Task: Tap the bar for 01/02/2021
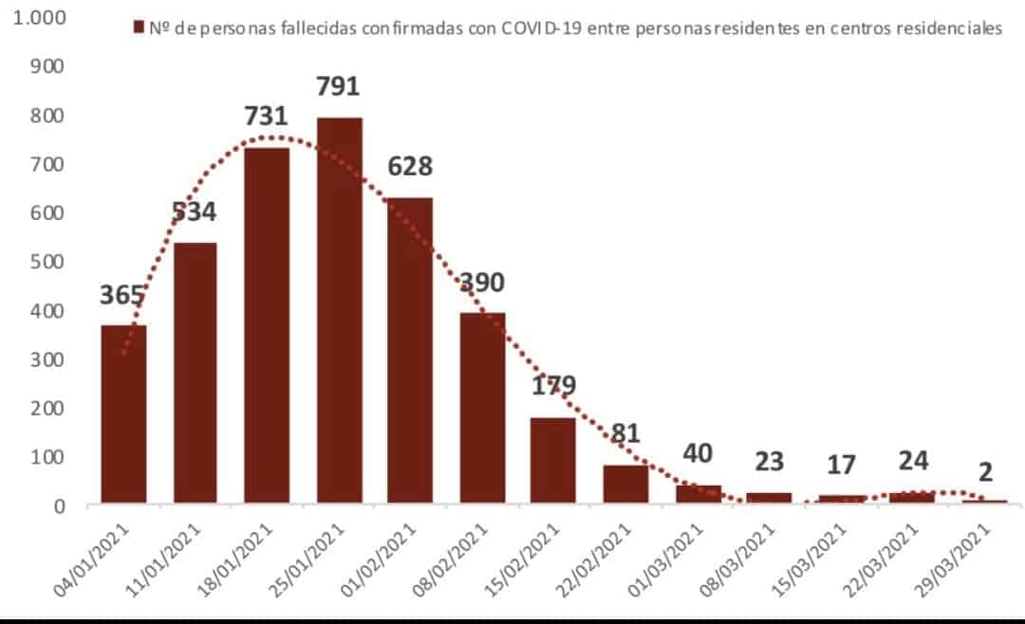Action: click(411, 350)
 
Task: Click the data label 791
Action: click(339, 86)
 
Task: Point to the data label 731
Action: click(266, 116)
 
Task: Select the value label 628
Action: click(410, 167)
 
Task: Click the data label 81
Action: click(625, 432)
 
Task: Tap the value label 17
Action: click(841, 465)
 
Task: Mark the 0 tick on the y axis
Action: click(59, 505)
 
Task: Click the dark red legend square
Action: click(140, 28)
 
